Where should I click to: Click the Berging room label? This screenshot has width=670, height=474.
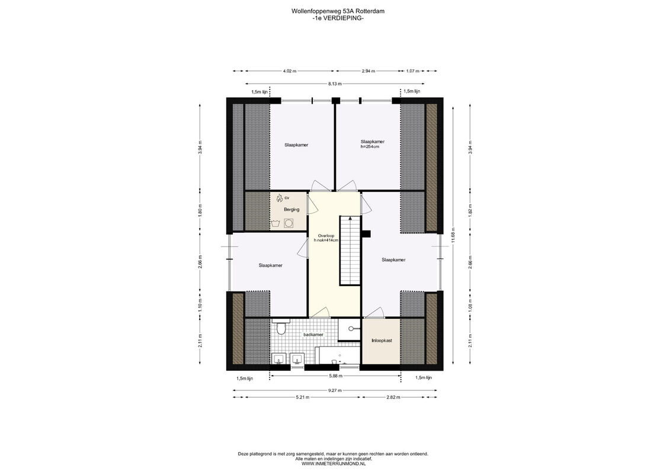point(291,210)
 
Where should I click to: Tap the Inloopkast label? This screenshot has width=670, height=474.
point(382,341)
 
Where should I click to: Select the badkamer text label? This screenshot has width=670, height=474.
point(313,335)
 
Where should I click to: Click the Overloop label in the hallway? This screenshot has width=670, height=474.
point(326,236)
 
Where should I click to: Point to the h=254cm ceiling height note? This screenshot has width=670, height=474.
point(370,146)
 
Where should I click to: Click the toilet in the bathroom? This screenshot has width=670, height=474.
point(281,328)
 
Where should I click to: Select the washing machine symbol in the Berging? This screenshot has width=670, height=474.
point(289,223)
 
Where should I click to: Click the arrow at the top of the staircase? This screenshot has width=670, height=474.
point(350,219)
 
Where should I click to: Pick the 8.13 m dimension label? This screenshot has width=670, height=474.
point(335,84)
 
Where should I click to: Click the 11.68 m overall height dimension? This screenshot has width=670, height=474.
point(453,235)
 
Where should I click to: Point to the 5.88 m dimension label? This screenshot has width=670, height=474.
point(335,376)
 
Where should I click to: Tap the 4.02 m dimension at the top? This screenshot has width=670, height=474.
point(289,71)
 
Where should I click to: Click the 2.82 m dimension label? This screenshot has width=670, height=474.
point(393,398)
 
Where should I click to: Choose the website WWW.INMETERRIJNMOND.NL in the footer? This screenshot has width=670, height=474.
point(334,463)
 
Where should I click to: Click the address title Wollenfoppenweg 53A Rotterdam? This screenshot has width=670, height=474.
point(338,11)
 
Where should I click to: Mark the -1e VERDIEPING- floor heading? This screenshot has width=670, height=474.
point(338,18)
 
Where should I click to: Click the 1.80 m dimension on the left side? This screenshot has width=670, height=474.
point(200,211)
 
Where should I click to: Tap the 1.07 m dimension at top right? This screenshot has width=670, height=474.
point(412,71)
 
